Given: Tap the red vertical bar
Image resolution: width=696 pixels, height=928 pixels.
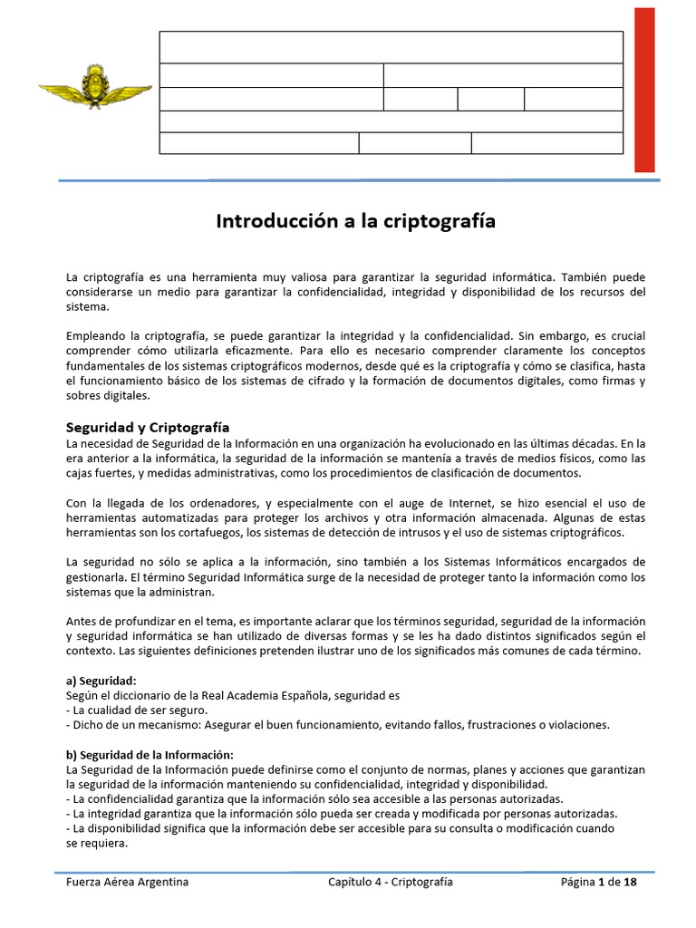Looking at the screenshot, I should click(644, 90).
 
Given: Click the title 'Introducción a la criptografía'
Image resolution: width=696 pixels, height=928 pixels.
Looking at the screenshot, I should click(355, 221).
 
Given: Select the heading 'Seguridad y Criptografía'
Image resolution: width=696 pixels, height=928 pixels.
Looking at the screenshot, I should click(148, 427).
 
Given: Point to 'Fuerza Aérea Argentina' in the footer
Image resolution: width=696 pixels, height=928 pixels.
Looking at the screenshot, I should click(128, 882).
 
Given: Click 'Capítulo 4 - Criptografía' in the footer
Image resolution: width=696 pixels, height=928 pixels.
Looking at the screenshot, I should click(391, 882).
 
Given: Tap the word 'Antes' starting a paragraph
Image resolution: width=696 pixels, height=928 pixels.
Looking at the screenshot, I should click(82, 621).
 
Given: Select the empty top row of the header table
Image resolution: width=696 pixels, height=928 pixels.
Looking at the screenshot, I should click(391, 47).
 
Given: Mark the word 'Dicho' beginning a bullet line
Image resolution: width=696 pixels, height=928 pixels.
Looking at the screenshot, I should click(89, 724).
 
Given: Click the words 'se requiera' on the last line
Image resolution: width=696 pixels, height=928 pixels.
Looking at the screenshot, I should click(97, 842).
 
